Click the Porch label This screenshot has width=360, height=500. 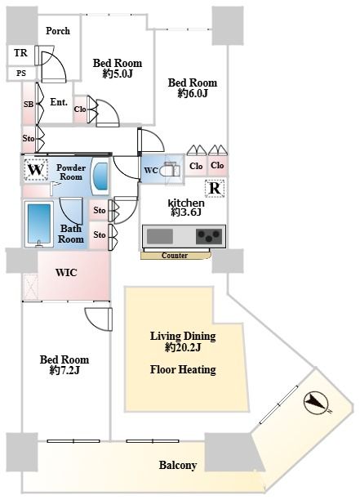(58, 31)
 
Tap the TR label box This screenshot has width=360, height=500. (21, 52)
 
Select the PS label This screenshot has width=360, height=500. (21, 74)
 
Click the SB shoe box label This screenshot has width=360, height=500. (29, 104)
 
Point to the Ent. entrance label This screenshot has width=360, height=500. (59, 102)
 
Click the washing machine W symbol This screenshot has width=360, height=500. (36, 170)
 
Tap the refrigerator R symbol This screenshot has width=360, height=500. (215, 188)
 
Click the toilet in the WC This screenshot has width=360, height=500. (170, 170)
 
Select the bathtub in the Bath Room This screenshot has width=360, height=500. (39, 224)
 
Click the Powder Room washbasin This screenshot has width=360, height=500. (100, 176)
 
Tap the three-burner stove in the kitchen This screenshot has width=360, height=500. (209, 236)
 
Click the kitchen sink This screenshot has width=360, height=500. (160, 236)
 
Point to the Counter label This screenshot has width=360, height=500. (175, 256)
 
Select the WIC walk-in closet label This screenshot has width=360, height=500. (66, 273)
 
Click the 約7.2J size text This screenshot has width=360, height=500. (64, 370)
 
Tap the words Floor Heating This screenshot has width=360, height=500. (183, 369)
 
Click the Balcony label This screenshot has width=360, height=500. (177, 465)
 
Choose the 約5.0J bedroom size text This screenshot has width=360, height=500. (118, 74)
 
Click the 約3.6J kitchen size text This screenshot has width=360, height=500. (186, 212)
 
